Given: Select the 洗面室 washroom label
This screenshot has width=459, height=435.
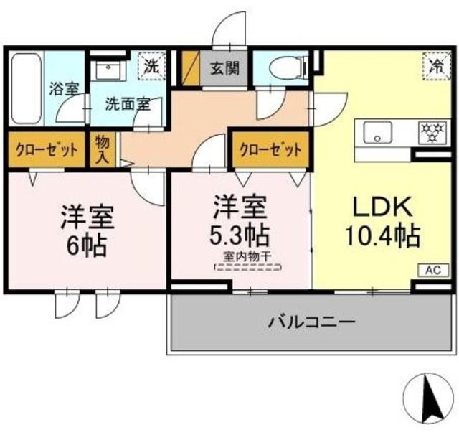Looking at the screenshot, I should (128, 103).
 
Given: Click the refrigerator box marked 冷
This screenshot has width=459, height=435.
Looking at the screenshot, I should (435, 67).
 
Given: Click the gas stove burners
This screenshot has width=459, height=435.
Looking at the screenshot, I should (432, 131).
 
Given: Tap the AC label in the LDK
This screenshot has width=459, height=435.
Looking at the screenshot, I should (433, 271).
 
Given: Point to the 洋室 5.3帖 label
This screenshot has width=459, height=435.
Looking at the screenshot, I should (240, 220).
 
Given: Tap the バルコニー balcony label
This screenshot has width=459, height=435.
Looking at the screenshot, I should (311, 322).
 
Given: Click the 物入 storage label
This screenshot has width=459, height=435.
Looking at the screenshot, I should (102, 150).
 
